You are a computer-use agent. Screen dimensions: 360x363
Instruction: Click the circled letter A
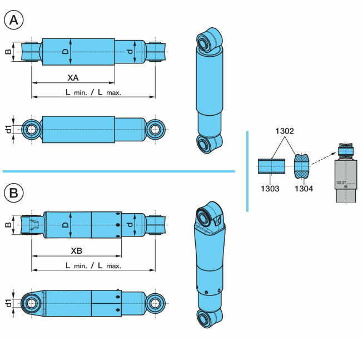click(x=13, y=21)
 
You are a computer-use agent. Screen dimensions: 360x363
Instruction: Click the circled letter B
click(x=13, y=193)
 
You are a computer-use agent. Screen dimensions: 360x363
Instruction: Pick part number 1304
click(x=304, y=189)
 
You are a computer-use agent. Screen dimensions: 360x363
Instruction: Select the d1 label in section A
click(x=8, y=130)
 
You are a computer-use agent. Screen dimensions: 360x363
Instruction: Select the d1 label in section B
click(x=8, y=303)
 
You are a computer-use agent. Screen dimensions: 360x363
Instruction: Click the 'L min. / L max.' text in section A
click(x=93, y=92)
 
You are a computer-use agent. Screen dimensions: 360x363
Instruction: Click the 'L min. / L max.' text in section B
click(x=93, y=266)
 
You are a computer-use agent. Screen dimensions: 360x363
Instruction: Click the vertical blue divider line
click(x=247, y=170)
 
